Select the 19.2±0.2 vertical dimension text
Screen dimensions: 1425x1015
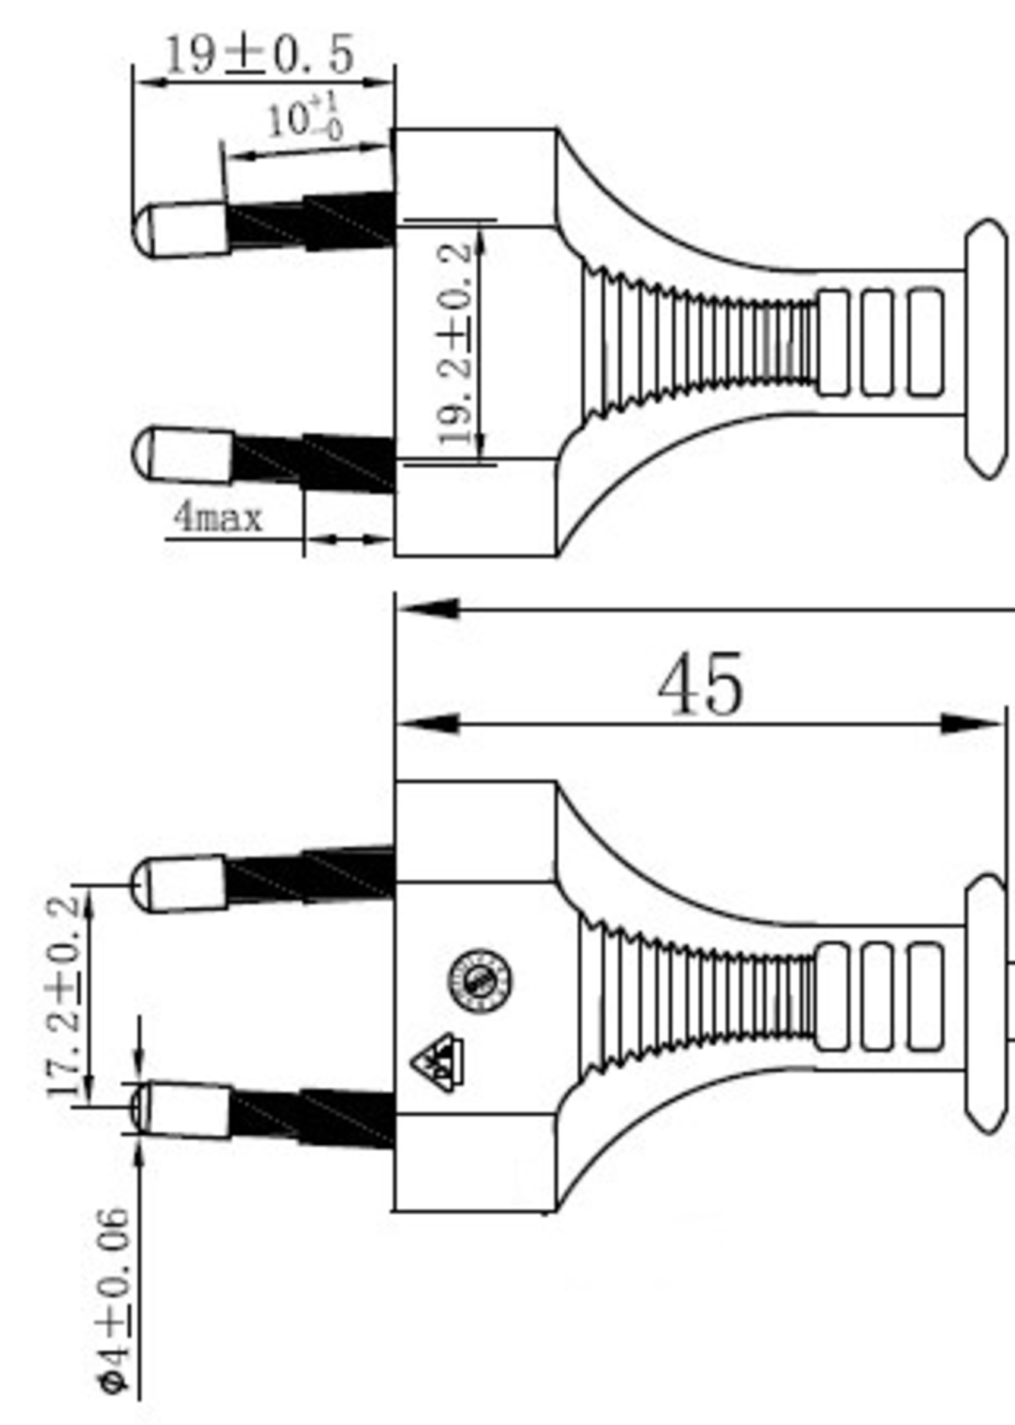(x=455, y=344)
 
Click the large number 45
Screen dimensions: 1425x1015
(x=701, y=685)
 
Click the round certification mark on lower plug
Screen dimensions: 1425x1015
(x=479, y=982)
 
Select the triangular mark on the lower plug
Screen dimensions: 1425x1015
(x=438, y=1063)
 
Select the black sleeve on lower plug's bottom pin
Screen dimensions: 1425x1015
(x=312, y=1119)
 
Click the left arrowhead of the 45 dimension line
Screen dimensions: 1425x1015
(x=429, y=725)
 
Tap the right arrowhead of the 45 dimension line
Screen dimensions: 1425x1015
(x=972, y=725)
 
